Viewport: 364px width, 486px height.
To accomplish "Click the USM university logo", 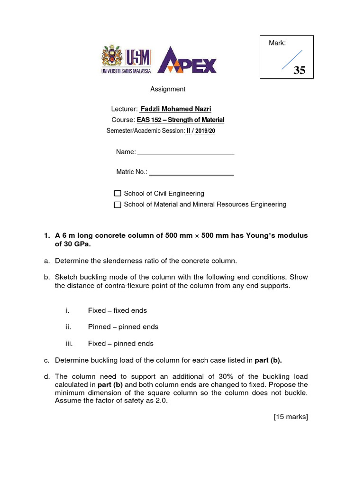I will point(126,59).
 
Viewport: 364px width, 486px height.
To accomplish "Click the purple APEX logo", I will point(187,61).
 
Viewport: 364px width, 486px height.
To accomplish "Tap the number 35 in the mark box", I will point(300,71).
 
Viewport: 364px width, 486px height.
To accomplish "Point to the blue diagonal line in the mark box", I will point(292,60).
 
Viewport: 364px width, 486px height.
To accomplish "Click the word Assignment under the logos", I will point(168,89).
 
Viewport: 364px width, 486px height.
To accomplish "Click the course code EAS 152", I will point(149,120).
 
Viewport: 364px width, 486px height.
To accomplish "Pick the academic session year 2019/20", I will point(204,131).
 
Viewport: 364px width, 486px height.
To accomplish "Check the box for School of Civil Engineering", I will point(118,194).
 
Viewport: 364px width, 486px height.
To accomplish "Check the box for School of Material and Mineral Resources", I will point(118,205).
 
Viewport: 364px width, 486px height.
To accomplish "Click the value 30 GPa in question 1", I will point(73,244).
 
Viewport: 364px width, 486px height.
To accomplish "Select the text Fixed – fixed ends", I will point(118,310).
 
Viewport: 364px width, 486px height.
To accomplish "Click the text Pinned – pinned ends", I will point(123,327).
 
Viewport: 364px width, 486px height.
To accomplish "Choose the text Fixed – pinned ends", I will point(121,344).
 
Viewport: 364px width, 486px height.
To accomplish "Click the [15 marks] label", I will point(291,417).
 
